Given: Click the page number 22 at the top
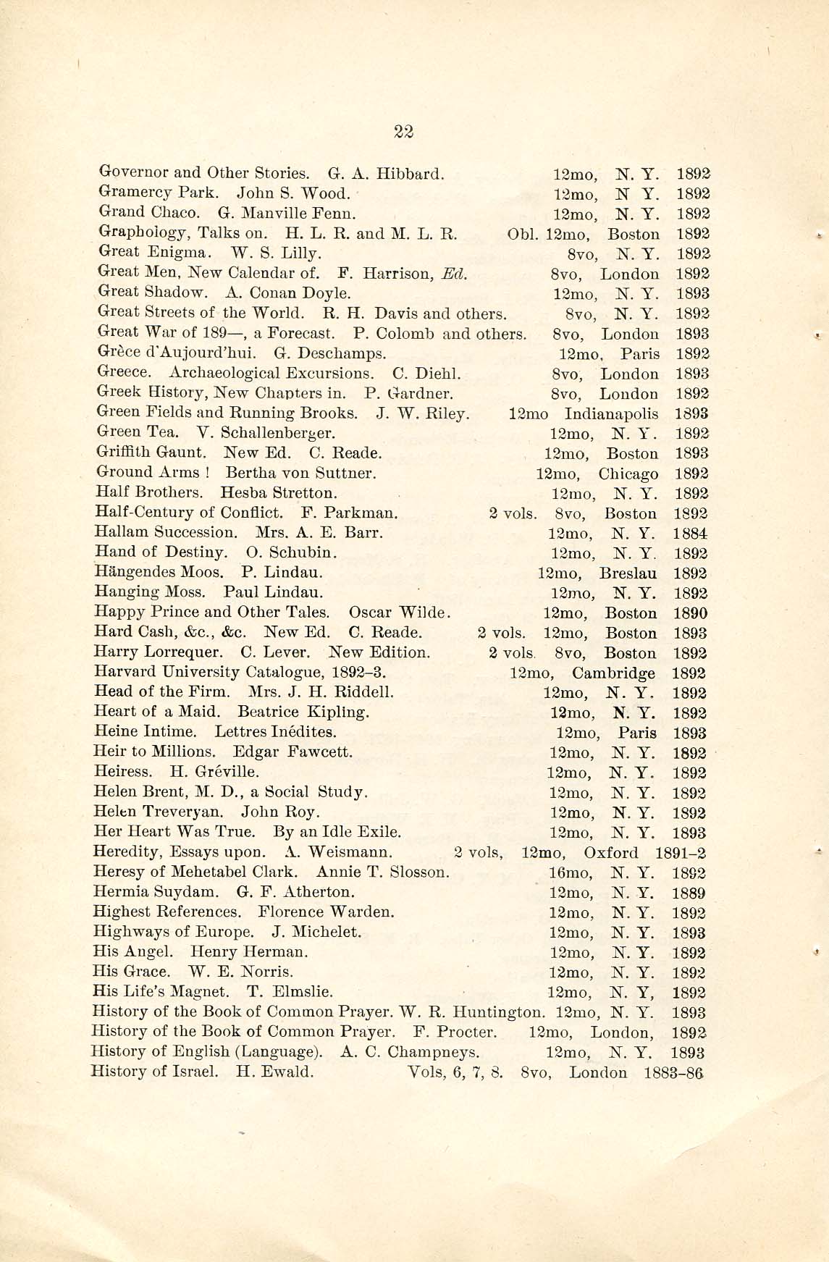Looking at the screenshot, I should (x=403, y=131).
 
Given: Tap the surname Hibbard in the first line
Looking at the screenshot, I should (x=413, y=174).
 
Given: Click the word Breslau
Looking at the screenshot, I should (x=628, y=573).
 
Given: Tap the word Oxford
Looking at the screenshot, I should (x=611, y=853).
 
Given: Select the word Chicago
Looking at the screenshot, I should (x=628, y=474).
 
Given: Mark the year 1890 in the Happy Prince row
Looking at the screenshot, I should (x=690, y=613).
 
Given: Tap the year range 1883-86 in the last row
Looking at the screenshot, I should (x=673, y=1073).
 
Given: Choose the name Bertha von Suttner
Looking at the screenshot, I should (x=300, y=474).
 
